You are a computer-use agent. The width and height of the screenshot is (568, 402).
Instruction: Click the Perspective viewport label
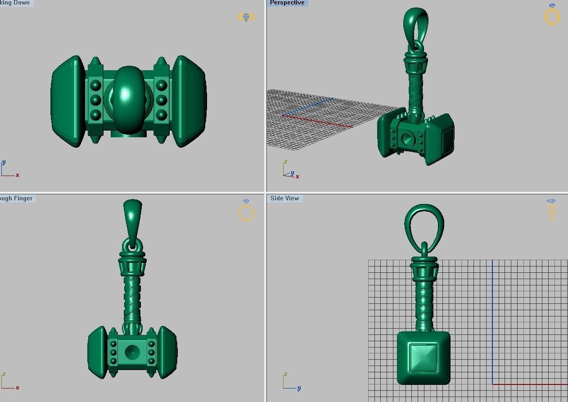[287, 3]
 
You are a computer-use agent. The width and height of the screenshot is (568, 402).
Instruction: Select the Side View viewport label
[285, 199]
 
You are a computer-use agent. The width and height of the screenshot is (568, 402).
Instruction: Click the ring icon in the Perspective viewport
[552, 15]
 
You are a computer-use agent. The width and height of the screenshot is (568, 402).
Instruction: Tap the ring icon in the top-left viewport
[246, 17]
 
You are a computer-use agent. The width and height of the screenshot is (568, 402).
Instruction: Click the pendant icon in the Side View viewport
[551, 210]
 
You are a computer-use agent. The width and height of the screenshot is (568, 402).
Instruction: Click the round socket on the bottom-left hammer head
[132, 352]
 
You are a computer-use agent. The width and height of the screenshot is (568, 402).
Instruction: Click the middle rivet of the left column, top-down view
[95, 99]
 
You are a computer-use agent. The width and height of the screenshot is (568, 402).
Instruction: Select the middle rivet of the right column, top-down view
[161, 99]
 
